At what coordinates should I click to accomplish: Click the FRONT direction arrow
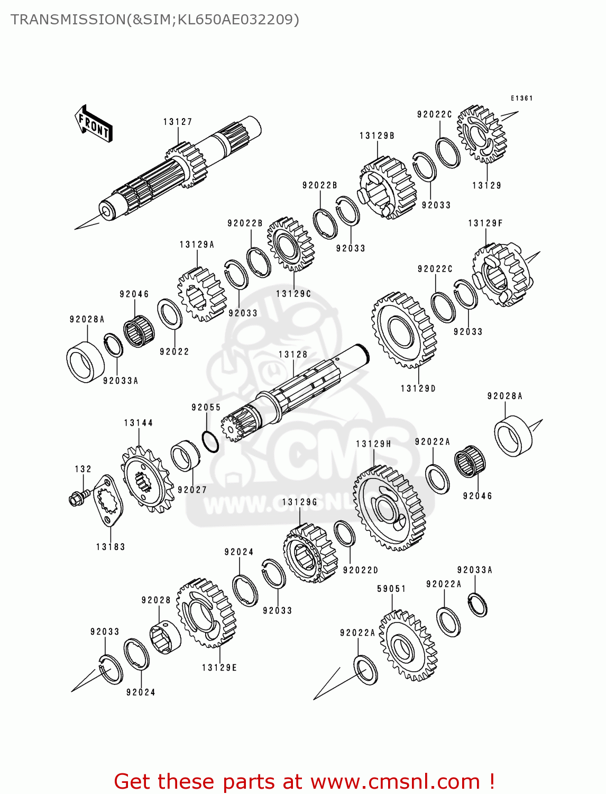(x=94, y=124)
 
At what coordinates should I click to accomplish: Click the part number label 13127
(x=178, y=122)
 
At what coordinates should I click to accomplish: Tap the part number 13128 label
(x=293, y=355)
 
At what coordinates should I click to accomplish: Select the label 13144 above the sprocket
(x=139, y=423)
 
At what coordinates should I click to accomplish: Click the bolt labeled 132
(x=77, y=498)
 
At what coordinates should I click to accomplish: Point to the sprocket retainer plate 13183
(x=108, y=500)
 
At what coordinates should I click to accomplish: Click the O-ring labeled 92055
(x=210, y=441)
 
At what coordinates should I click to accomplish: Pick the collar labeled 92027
(x=185, y=456)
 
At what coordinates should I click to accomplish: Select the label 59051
(x=392, y=589)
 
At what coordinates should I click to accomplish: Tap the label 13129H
(x=374, y=444)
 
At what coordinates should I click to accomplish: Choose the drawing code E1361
(x=522, y=98)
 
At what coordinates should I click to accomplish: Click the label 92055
(x=206, y=407)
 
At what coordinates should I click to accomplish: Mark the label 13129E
(x=219, y=667)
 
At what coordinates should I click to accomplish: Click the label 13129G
(x=300, y=502)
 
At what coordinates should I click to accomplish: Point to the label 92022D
(x=361, y=570)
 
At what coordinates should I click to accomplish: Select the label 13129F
(x=485, y=223)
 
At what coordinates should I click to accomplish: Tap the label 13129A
(x=197, y=245)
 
